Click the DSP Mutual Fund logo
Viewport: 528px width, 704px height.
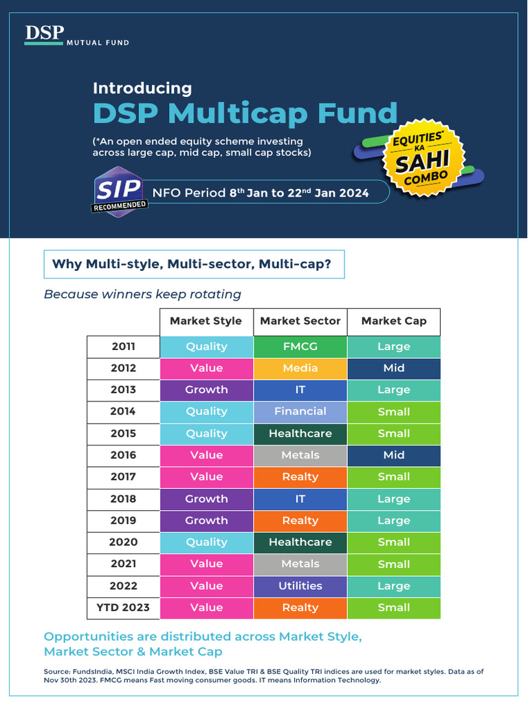pyautogui.click(x=76, y=36)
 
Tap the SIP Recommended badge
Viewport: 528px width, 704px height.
pyautogui.click(x=119, y=192)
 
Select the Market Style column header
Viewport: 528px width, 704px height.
pyautogui.click(x=206, y=321)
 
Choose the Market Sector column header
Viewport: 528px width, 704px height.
pyautogui.click(x=300, y=321)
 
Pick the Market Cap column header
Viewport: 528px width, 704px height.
pyautogui.click(x=393, y=321)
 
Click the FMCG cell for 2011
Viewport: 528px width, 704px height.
pyautogui.click(x=300, y=346)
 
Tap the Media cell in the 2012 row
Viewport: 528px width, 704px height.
pyautogui.click(x=300, y=368)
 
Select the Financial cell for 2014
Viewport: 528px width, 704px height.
pyautogui.click(x=300, y=411)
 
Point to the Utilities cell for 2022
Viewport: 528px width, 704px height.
pyautogui.click(x=300, y=586)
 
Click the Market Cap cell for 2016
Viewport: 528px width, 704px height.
pyautogui.click(x=393, y=454)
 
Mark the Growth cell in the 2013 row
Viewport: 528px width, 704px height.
pyautogui.click(x=206, y=389)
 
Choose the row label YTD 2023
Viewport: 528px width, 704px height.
pyautogui.click(x=123, y=607)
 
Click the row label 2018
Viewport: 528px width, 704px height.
pyautogui.click(x=123, y=498)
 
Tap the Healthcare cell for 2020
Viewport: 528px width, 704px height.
pyautogui.click(x=300, y=542)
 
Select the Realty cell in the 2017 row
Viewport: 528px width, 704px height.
pyautogui.click(x=300, y=476)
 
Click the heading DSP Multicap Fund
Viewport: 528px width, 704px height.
pyautogui.click(x=245, y=113)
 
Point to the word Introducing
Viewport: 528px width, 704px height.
pyautogui.click(x=142, y=88)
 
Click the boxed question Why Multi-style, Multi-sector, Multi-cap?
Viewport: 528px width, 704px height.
pyautogui.click(x=194, y=264)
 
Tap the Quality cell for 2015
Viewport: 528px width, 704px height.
pyautogui.click(x=206, y=433)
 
